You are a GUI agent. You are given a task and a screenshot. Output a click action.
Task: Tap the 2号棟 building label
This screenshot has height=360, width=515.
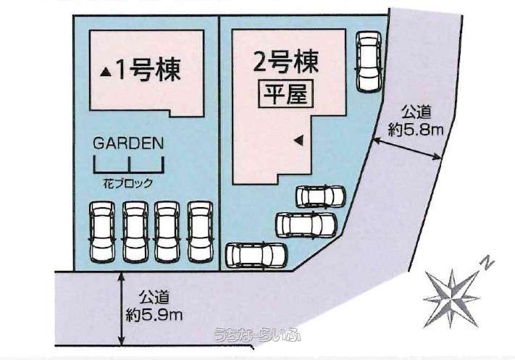(285, 63)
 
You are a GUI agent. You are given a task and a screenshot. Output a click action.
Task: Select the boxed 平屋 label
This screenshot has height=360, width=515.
(285, 93)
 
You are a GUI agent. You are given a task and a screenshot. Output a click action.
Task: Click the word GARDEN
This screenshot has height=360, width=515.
(128, 143)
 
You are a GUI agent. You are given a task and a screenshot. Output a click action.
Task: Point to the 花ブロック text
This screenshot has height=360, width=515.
(128, 183)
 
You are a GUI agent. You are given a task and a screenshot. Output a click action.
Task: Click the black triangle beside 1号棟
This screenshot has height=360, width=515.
(106, 72)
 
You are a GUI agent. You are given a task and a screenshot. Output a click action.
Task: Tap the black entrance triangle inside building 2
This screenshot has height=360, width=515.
(298, 141)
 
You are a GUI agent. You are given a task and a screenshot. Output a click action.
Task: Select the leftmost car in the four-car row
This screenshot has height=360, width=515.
(102, 232)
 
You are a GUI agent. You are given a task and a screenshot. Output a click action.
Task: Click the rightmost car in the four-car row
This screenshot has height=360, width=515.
(200, 232)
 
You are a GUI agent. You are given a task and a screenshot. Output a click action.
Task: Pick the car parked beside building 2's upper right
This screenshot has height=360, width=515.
(369, 62)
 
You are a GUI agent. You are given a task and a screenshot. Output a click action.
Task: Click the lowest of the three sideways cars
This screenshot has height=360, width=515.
(256, 255)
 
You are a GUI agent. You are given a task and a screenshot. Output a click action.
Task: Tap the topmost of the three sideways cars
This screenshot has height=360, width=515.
(321, 196)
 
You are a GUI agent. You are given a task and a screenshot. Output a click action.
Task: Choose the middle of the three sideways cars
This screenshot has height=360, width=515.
(306, 225)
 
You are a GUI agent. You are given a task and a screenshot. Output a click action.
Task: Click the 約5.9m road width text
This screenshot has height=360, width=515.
(154, 316)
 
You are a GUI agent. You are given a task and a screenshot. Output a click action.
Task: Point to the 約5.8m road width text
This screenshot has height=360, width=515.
(416, 130)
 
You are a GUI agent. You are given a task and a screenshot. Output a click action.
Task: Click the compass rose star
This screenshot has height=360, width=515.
(451, 299)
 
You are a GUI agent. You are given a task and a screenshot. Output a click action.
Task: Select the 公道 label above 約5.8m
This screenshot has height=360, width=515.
(416, 113)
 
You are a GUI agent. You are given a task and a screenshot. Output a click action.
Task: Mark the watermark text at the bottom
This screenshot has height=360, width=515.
(257, 335)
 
